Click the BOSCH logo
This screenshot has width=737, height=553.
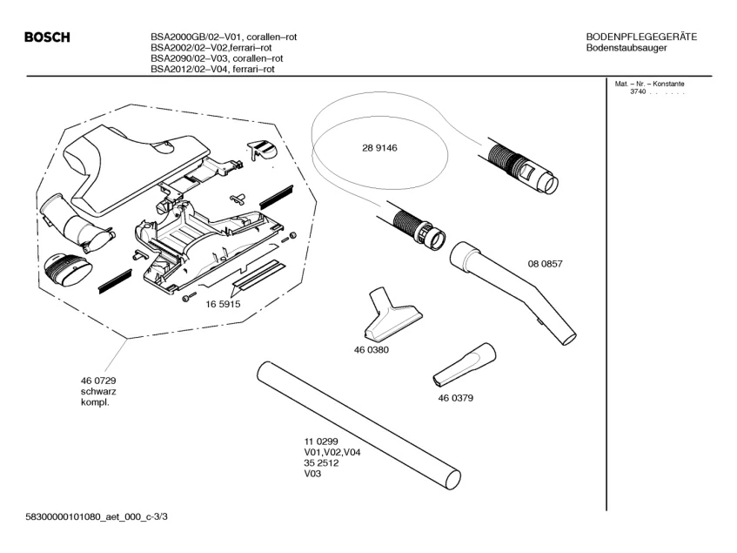[x=47, y=37]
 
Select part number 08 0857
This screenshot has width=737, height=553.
[x=545, y=264]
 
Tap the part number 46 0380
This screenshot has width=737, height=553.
[x=371, y=349]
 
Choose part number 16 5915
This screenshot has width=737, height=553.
[x=223, y=304]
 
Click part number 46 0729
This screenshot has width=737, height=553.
[x=98, y=381]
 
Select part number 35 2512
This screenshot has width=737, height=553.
[x=320, y=463]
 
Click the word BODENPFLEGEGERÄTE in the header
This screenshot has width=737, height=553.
[x=641, y=37]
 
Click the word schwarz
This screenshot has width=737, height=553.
[x=98, y=392]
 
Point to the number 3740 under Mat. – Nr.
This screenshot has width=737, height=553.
[x=638, y=91]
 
